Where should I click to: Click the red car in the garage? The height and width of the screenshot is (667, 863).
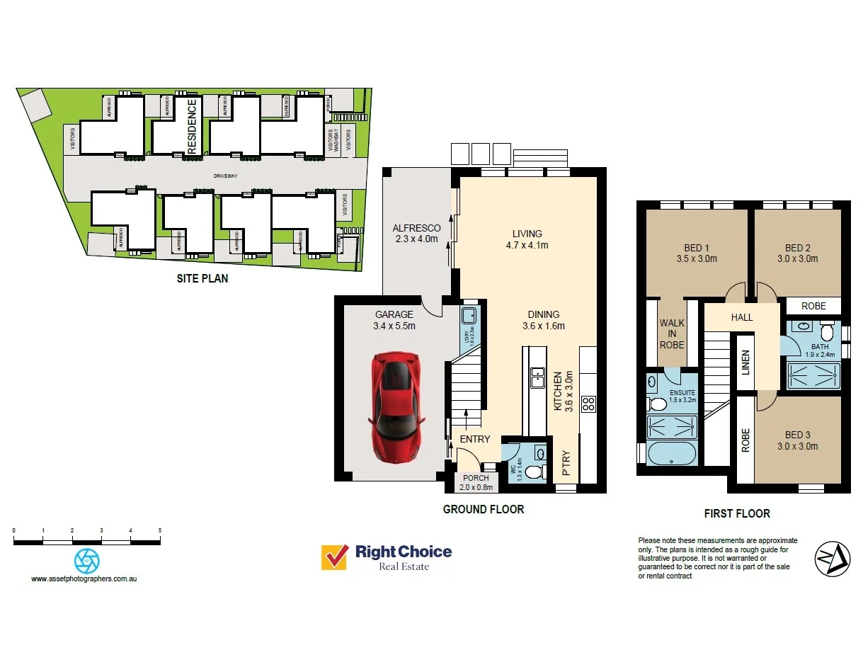point(396,409)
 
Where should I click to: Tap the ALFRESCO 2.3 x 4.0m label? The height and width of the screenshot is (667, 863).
point(416,234)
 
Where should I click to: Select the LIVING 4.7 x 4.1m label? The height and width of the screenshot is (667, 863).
point(527,239)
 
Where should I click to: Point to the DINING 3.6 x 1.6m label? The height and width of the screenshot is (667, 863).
point(543,320)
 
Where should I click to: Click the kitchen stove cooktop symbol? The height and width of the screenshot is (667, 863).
point(588,404)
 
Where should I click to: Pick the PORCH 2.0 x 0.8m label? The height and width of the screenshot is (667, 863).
point(476,483)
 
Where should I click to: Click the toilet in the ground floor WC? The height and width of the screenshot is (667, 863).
point(538,469)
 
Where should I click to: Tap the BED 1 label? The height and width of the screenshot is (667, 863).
point(697,253)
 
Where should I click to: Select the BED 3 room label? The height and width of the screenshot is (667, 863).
point(797,440)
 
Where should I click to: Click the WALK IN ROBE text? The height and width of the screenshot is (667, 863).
point(672,333)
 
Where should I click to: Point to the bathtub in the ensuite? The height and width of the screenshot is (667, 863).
point(671,452)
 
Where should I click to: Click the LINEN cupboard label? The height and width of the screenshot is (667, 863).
point(744,363)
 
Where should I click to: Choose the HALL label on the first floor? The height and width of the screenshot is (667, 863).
point(742,317)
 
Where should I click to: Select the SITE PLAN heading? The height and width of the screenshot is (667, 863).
point(202,278)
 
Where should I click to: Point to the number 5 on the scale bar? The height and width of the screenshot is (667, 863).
point(160,530)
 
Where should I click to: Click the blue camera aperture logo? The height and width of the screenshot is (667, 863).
point(86,561)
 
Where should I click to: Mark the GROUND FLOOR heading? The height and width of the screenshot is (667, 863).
point(483,509)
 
